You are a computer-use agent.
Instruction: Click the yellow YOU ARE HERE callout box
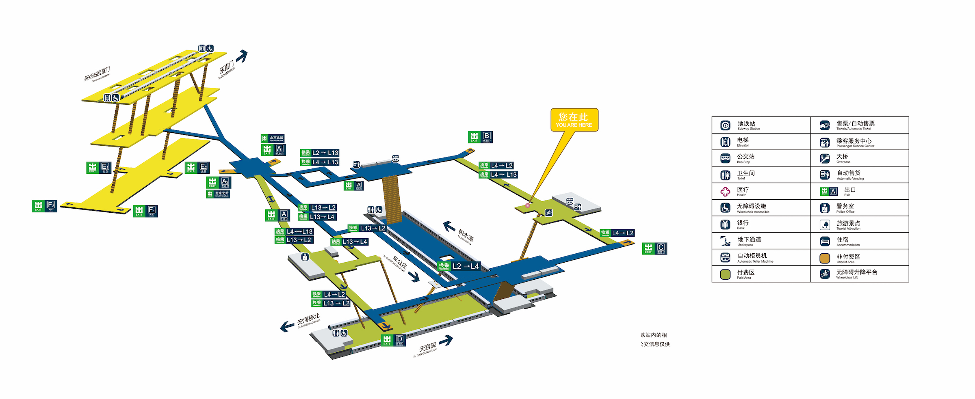click(x=574, y=120)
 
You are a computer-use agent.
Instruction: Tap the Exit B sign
click(x=480, y=137)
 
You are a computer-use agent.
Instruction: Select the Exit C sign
click(x=654, y=248)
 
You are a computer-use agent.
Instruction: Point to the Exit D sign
click(x=393, y=340)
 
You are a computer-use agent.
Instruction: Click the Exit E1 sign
click(x=99, y=167)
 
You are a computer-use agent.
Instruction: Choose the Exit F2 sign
click(x=45, y=206)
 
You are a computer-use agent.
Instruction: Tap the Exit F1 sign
click(x=145, y=211)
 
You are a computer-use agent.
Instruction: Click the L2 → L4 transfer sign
click(x=459, y=266)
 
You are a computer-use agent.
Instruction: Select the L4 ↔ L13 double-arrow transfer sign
click(x=295, y=231)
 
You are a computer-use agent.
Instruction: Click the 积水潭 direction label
click(x=466, y=235)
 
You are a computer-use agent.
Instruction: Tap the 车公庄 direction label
click(x=399, y=264)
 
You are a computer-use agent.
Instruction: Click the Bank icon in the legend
click(x=725, y=224)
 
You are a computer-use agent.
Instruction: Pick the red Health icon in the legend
click(x=725, y=191)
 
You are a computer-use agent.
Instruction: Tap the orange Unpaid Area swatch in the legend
click(x=825, y=258)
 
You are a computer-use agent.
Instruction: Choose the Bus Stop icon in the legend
click(x=725, y=158)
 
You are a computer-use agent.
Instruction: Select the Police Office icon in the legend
click(x=825, y=208)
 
